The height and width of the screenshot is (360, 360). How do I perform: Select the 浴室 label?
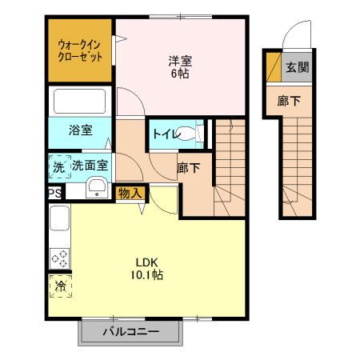click(80, 129)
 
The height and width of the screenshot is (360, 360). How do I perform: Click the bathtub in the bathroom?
click(80, 102)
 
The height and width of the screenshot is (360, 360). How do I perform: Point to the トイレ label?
click(165, 134)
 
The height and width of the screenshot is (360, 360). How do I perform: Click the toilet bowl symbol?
click(190, 134)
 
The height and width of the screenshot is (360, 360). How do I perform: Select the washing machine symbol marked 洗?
click(58, 166)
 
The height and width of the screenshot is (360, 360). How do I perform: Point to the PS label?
click(54, 193)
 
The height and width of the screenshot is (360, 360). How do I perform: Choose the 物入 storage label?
click(130, 192)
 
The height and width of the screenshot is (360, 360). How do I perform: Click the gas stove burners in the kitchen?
click(59, 258)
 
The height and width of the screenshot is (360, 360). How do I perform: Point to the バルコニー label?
click(130, 331)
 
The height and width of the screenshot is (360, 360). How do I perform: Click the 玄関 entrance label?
click(298, 67)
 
